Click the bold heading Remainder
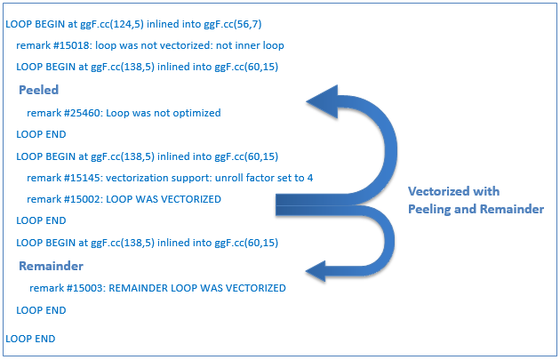click(x=52, y=266)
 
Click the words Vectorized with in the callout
click(x=453, y=192)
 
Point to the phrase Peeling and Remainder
click(x=476, y=208)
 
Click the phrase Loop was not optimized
click(x=169, y=113)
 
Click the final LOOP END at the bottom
click(x=30, y=339)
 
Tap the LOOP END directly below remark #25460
click(x=41, y=134)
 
